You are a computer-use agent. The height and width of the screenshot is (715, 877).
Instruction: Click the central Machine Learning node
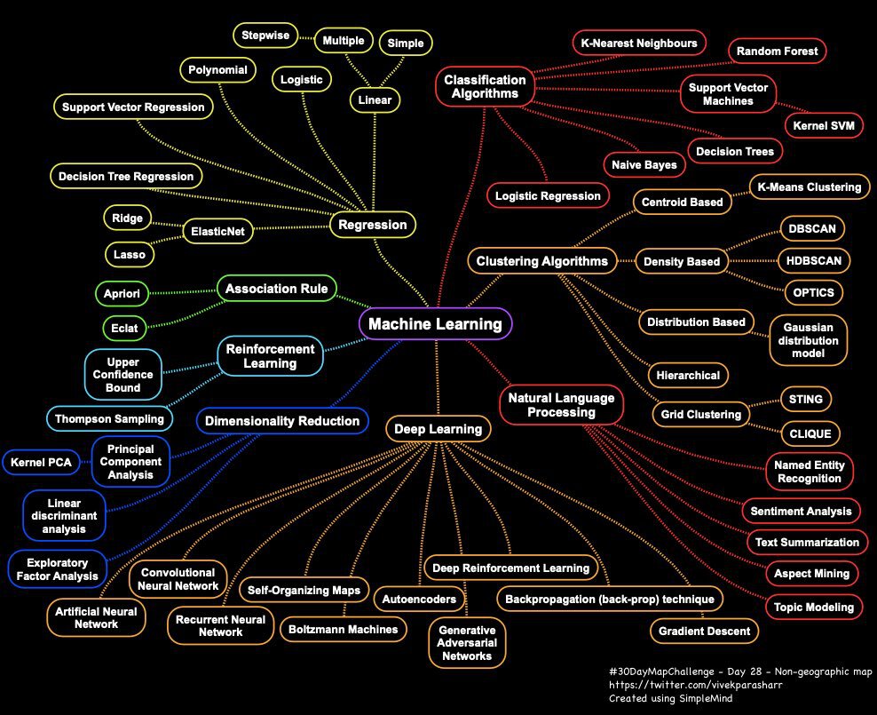tap(435, 324)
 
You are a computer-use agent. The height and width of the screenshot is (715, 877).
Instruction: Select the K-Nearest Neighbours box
tap(639, 42)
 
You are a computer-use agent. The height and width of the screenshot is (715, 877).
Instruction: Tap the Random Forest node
tap(777, 52)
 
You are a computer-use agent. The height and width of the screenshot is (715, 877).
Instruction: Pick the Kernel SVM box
tap(824, 125)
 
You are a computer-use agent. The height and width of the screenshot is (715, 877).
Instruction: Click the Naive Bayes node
tap(644, 164)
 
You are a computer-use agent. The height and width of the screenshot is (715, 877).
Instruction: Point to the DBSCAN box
tap(811, 228)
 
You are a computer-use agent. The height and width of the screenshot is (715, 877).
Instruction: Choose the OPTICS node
tap(812, 291)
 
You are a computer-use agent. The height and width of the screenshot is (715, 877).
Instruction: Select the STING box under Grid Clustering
tap(806, 400)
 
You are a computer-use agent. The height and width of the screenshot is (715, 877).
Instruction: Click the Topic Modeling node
tap(813, 607)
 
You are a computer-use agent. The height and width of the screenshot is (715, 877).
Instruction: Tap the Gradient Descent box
tap(704, 632)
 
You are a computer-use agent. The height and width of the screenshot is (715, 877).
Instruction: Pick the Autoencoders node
tap(419, 599)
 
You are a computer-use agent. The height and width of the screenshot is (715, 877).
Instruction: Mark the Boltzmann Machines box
tap(344, 629)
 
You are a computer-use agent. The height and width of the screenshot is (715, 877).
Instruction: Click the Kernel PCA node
tap(42, 462)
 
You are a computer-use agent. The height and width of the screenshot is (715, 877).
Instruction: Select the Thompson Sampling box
tap(109, 417)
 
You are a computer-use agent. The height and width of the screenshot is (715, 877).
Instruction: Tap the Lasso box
tap(129, 254)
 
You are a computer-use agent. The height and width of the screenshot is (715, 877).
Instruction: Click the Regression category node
tap(373, 225)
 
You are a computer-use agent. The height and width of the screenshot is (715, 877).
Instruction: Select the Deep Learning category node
tap(438, 429)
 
